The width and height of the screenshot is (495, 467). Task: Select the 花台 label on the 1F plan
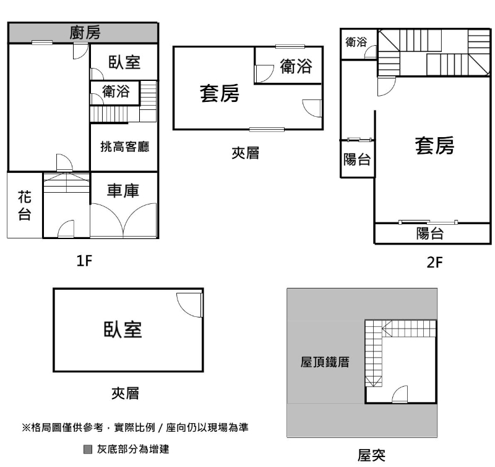24,206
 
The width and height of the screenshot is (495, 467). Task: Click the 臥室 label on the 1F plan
124,62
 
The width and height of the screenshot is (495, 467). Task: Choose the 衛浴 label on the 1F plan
116,93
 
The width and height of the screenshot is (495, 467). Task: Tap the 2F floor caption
435,262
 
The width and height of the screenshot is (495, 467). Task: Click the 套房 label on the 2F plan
434,146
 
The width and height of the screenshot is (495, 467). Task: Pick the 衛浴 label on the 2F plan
356,42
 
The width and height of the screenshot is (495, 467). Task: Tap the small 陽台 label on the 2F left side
357,160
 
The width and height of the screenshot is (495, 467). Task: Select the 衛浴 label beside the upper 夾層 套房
296,67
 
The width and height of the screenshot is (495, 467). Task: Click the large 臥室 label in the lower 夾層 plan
123,330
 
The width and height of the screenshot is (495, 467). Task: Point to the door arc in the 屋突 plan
400,393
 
